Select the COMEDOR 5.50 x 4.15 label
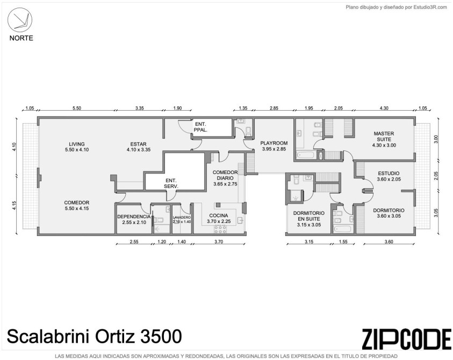pos(76,205)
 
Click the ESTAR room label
pos(139,147)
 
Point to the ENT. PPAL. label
pos(200,127)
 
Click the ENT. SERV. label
pos(171,183)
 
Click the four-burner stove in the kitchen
pos(220,229)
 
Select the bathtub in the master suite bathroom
pos(305,155)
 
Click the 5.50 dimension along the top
pos(77,109)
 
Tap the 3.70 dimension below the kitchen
pos(219,242)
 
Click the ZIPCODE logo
pos(407,339)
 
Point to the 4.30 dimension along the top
pos(384,109)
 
